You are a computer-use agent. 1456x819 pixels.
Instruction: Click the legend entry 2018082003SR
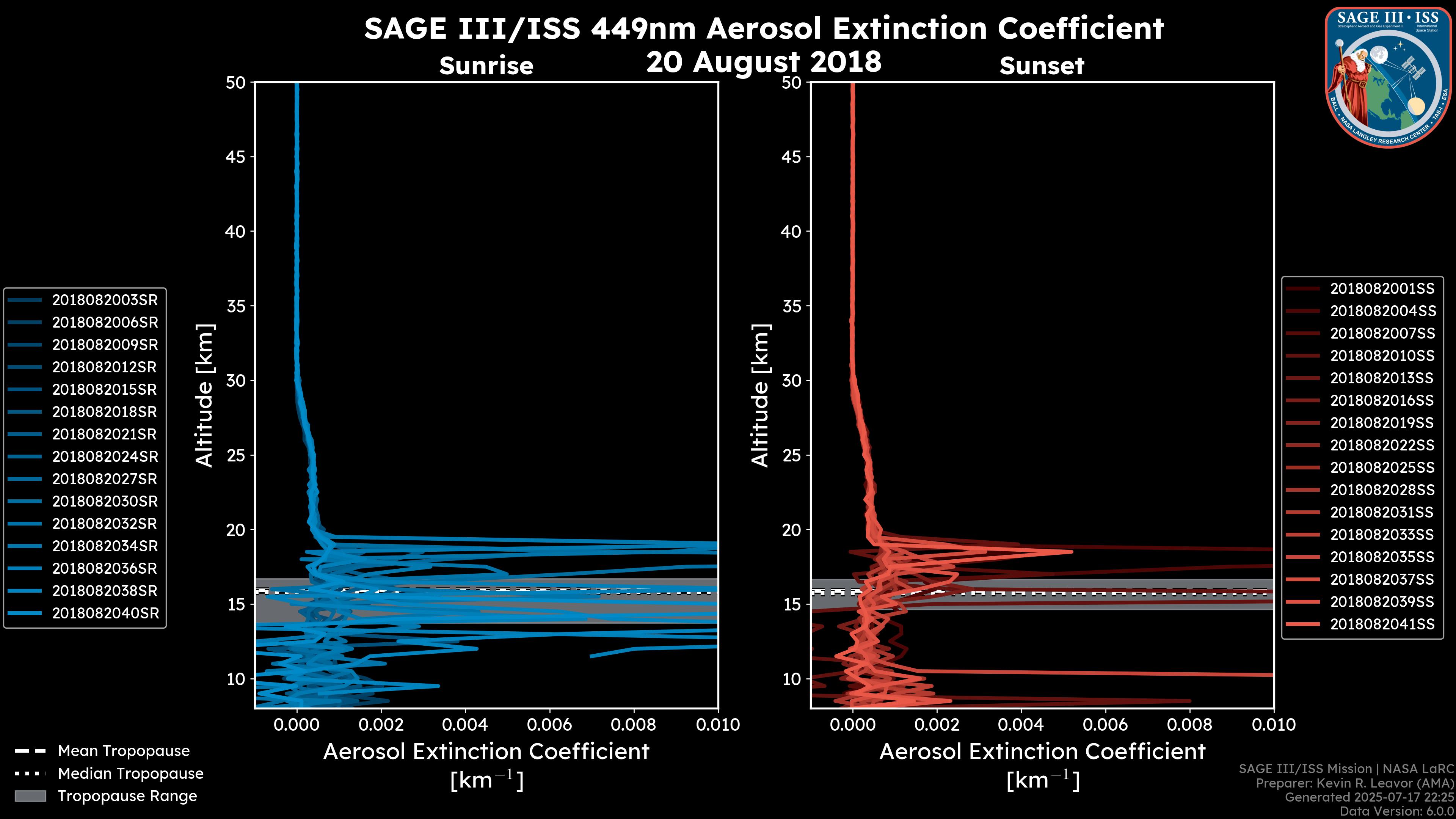point(105,300)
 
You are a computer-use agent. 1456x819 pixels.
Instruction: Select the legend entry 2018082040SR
point(105,613)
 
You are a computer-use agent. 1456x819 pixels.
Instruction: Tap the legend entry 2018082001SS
point(1382,289)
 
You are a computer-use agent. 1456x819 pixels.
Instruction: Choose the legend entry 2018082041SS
point(1382,624)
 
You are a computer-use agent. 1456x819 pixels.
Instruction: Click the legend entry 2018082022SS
point(1382,446)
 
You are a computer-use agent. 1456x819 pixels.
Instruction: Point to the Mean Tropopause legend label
point(124,751)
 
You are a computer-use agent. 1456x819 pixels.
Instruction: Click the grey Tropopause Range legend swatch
point(30,796)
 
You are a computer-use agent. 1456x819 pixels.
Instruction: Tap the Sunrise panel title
point(486,66)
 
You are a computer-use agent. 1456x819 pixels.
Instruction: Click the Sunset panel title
point(1042,66)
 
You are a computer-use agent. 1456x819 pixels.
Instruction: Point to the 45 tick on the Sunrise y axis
point(236,157)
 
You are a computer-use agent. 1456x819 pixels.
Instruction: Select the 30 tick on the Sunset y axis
point(791,380)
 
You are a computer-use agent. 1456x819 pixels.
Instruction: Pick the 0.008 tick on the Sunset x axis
point(1190,725)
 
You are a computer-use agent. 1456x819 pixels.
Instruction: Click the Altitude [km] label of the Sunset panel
point(760,395)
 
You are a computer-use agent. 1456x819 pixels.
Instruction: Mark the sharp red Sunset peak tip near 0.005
point(1071,552)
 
